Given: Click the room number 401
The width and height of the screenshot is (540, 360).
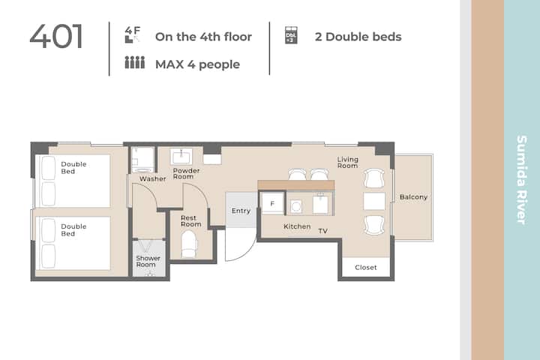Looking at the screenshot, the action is pos(56,36).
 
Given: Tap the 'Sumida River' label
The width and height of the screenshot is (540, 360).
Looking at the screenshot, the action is pos(522,180).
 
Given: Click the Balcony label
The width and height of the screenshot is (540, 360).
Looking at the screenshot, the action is pos(413,197).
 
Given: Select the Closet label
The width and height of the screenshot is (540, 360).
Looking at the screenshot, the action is pos(366,267).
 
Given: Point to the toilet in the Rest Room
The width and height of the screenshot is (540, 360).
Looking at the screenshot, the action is pos(189,244).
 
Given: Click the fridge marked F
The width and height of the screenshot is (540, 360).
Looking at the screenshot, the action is pos(272,203).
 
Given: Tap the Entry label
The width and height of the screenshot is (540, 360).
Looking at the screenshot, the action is pos(241,211).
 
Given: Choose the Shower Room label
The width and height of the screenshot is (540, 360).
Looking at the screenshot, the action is pos(148,262).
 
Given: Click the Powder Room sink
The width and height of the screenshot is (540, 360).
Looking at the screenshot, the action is pos(181,157).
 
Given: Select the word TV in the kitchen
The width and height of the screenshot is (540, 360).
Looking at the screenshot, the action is pos(322,231).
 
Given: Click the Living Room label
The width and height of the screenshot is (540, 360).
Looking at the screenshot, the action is pos(347,163).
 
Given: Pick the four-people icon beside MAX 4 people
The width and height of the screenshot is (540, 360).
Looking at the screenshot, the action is pos(135,63).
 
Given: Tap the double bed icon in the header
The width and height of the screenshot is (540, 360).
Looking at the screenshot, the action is pos(291,35).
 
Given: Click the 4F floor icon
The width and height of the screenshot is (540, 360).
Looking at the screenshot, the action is pos(133,34).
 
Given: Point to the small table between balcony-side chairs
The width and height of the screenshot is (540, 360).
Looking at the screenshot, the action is pos(374,201).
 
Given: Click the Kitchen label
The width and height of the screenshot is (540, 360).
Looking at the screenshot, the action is pos(297,226).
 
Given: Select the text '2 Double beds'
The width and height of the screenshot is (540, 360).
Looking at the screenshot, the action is pos(358,37).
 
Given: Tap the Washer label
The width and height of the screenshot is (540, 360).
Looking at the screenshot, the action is pos(152,178).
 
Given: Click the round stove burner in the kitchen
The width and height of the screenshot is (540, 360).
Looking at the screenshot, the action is pos(295,207).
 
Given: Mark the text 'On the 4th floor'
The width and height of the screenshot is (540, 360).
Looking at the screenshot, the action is pos(203,37).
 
